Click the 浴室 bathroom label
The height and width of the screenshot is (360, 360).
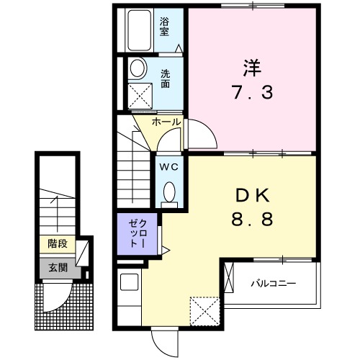pyautogui.click(x=165, y=26)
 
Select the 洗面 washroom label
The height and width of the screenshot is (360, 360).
pyautogui.click(x=166, y=78)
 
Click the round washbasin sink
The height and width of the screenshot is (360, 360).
pyautogui.click(x=137, y=68)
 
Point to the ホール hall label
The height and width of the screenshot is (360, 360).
pyautogui.click(x=167, y=122)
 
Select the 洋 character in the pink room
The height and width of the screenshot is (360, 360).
pyautogui.click(x=251, y=68)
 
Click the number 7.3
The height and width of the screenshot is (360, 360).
pyautogui.click(x=251, y=94)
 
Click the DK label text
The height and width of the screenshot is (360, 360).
pyautogui.click(x=251, y=194)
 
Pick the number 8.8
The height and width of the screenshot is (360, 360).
pyautogui.click(x=251, y=220)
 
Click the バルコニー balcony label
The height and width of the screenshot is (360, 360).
pyautogui.click(x=274, y=283)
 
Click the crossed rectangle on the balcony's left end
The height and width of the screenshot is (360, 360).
pyautogui.click(x=229, y=278)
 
